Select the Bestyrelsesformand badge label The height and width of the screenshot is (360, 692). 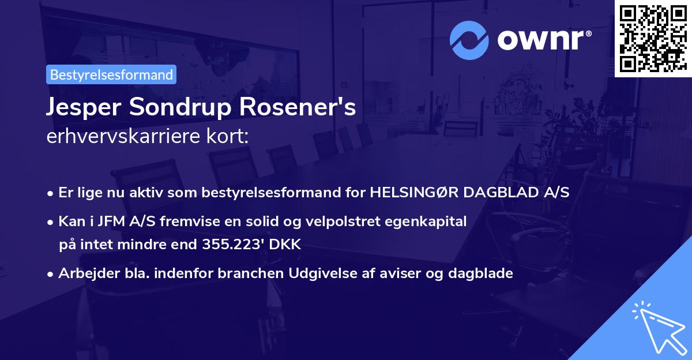[111, 74]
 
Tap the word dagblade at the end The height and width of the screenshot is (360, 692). [484, 273]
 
